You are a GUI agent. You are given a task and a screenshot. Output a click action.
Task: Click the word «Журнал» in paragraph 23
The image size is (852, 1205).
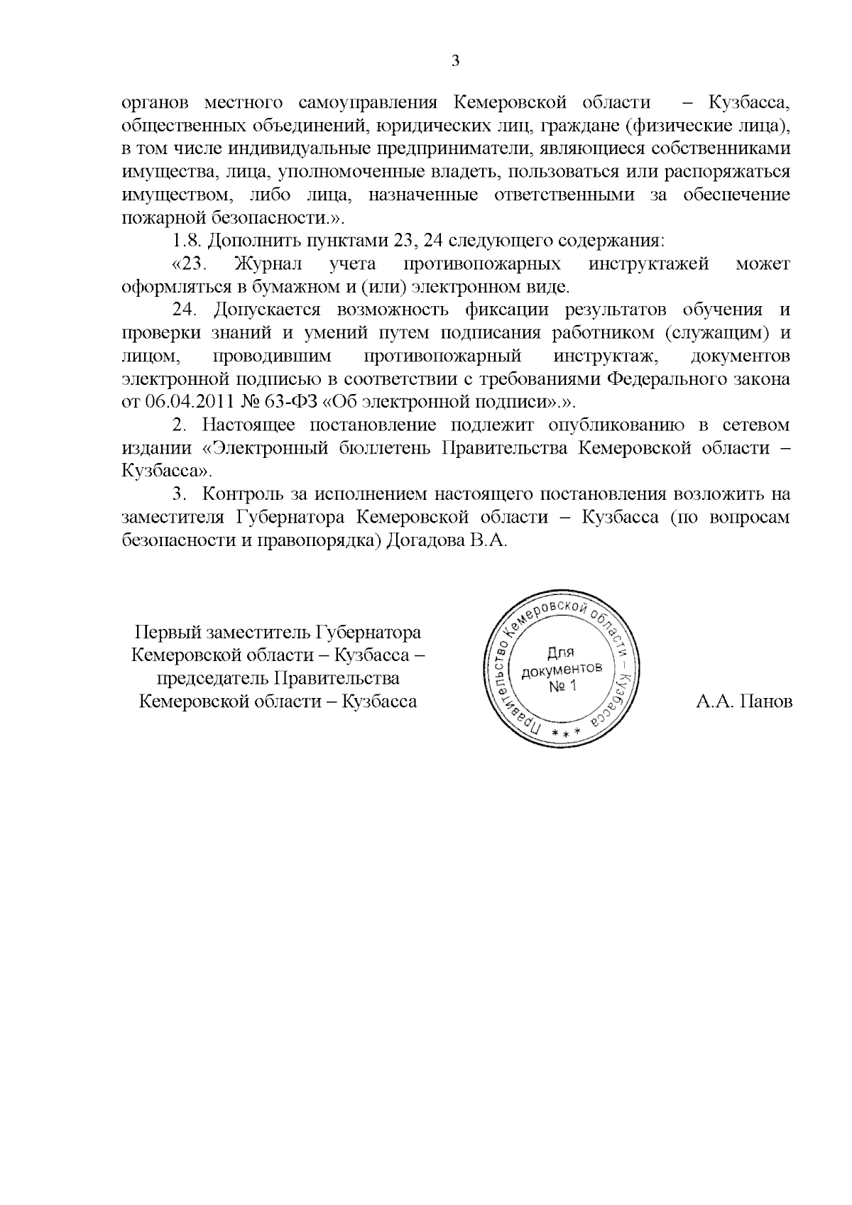point(268,264)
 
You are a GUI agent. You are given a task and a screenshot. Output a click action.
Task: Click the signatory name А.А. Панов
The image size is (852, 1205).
point(743,702)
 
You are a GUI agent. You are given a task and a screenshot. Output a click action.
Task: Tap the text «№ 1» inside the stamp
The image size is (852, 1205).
point(564,687)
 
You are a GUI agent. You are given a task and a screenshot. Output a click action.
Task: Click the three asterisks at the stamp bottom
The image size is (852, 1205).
point(565,731)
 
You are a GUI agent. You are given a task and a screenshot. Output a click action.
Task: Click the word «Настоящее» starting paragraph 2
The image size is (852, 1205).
point(248,425)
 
